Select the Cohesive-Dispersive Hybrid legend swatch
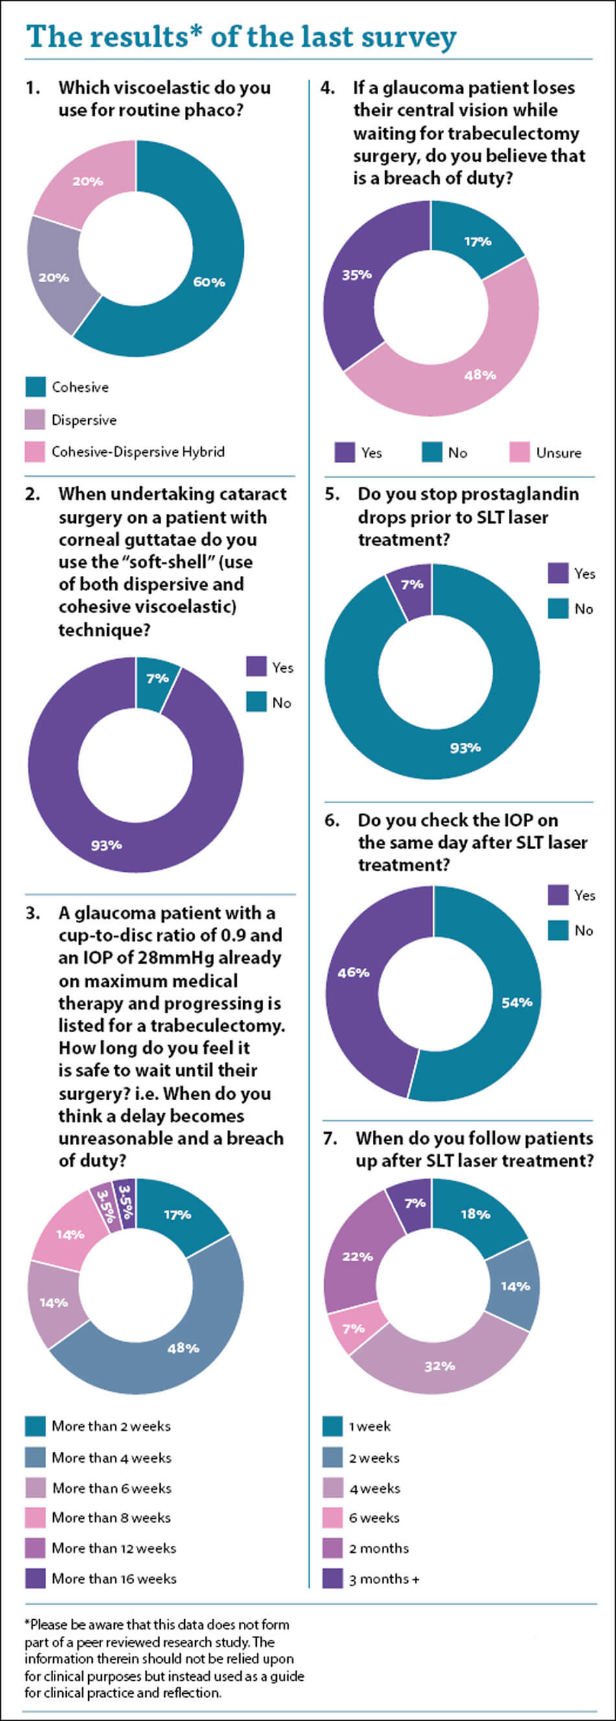point(36,451)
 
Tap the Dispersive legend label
point(84,420)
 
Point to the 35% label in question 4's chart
point(357,274)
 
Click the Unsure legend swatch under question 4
point(519,452)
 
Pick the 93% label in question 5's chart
point(465,747)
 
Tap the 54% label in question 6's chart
point(517,1002)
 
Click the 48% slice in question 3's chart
point(183,1348)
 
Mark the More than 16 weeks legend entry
point(114,1579)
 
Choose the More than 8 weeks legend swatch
point(36,1518)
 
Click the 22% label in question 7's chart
point(357,1257)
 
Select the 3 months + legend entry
point(384,1579)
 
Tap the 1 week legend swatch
point(333,1426)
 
